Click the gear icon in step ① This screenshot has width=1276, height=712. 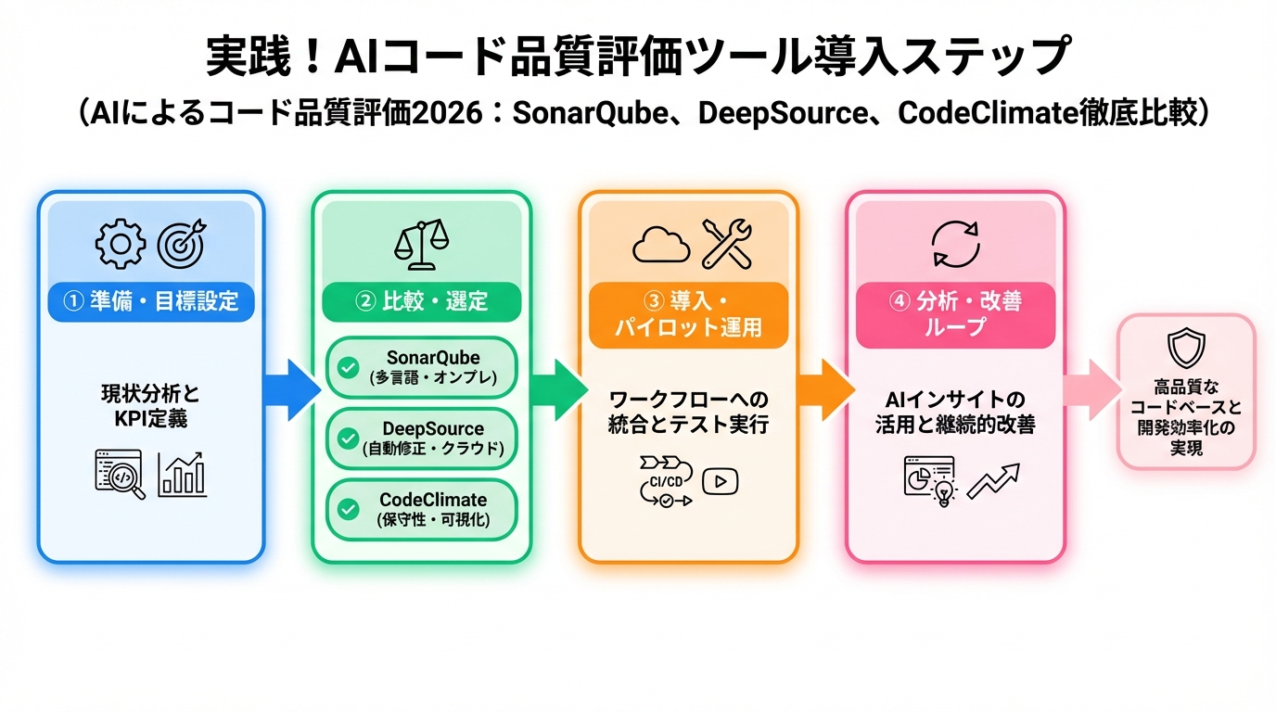pos(121,243)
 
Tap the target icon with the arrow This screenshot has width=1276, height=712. pos(180,243)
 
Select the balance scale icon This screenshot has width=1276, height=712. pos(421,243)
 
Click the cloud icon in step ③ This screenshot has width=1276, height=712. pos(660,244)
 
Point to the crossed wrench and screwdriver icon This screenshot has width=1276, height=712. pos(727,243)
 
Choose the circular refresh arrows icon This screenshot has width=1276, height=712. pos(955,243)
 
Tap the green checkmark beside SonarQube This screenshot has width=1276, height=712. pos(348,368)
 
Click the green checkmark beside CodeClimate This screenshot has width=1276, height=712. pos(348,509)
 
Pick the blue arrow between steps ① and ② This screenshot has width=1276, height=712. pos(289,388)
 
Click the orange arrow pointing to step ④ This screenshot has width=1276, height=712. pos(823,388)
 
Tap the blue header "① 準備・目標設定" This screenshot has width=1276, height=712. pos(151,301)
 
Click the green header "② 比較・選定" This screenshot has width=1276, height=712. pos(421,301)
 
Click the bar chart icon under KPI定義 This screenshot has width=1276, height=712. pos(182,474)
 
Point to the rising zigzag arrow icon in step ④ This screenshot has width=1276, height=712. pos(992,480)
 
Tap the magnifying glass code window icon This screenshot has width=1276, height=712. pos(120,474)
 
